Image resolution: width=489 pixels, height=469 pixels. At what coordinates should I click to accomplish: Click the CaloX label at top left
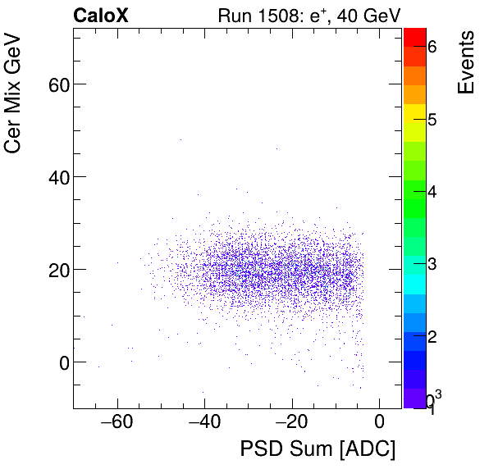101,15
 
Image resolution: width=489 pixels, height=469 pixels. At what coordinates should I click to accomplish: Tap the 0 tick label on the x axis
379,423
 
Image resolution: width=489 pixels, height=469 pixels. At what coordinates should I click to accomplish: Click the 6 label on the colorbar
432,48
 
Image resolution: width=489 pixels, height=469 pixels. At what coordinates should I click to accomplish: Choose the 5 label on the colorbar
432,120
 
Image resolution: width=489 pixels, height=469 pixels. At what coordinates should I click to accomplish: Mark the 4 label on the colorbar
432,192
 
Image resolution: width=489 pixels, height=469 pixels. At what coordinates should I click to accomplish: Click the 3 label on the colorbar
432,264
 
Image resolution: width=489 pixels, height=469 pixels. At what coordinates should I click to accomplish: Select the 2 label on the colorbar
432,336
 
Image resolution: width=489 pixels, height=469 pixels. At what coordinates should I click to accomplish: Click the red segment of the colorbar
414,37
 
